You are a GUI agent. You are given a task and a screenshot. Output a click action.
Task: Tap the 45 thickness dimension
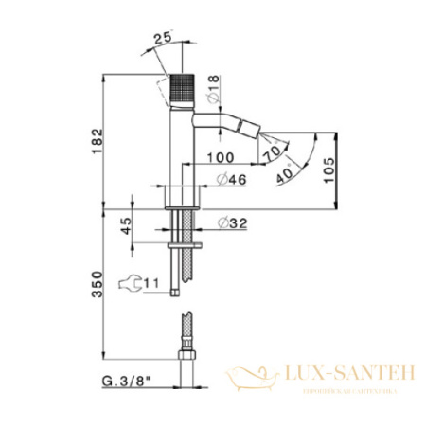(127, 227)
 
